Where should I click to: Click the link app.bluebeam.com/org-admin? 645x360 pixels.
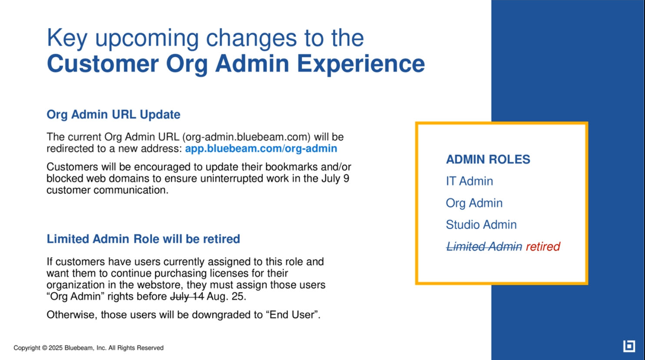tap(261, 149)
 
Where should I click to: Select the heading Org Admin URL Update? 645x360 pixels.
tap(113, 115)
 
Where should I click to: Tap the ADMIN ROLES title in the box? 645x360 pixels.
tap(488, 159)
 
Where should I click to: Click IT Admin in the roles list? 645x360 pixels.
tap(470, 181)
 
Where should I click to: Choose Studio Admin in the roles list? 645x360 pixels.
tap(481, 225)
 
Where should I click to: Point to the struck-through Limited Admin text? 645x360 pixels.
tap(484, 247)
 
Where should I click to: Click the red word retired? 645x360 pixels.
tap(543, 247)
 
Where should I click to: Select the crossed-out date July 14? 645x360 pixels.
tap(187, 296)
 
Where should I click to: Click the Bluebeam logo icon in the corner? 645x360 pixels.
tap(629, 346)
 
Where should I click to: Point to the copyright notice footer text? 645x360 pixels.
tap(89, 348)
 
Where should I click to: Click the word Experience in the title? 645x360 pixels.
tap(361, 64)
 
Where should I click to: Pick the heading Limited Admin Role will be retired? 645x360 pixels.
tap(143, 239)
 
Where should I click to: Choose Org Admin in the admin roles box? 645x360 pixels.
tap(474, 203)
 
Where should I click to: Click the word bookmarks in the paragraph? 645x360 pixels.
tap(294, 167)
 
